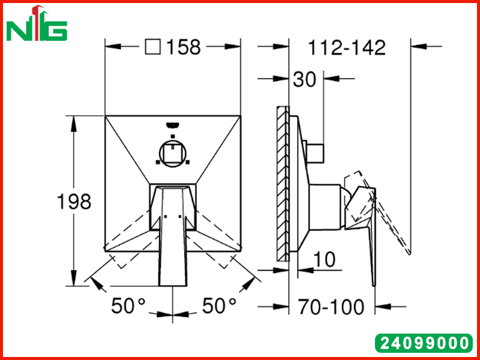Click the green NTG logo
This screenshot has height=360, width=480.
(x=37, y=23)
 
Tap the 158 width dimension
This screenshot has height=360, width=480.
(x=184, y=47)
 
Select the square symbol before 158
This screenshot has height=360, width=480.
(x=152, y=47)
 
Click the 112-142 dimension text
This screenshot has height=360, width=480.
(x=347, y=48)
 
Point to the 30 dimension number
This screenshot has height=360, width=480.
(x=304, y=80)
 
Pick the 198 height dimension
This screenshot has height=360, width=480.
(x=74, y=202)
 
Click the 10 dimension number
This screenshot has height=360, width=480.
(x=325, y=260)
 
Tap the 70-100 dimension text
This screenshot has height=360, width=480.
(x=332, y=307)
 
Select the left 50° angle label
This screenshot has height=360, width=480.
(x=128, y=305)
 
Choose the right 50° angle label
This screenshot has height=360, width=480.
(x=220, y=305)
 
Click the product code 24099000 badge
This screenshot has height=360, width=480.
(x=424, y=343)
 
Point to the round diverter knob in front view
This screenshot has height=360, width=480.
(x=173, y=154)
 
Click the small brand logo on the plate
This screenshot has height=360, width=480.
(x=173, y=125)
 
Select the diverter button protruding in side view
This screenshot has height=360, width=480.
(x=316, y=153)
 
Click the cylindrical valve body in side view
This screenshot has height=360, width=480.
(x=325, y=207)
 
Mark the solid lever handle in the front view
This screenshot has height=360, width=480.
(x=173, y=236)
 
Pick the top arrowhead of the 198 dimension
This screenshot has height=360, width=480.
(x=73, y=124)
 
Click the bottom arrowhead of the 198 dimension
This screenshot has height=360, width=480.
(x=73, y=278)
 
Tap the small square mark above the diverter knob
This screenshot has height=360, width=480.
(x=173, y=136)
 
